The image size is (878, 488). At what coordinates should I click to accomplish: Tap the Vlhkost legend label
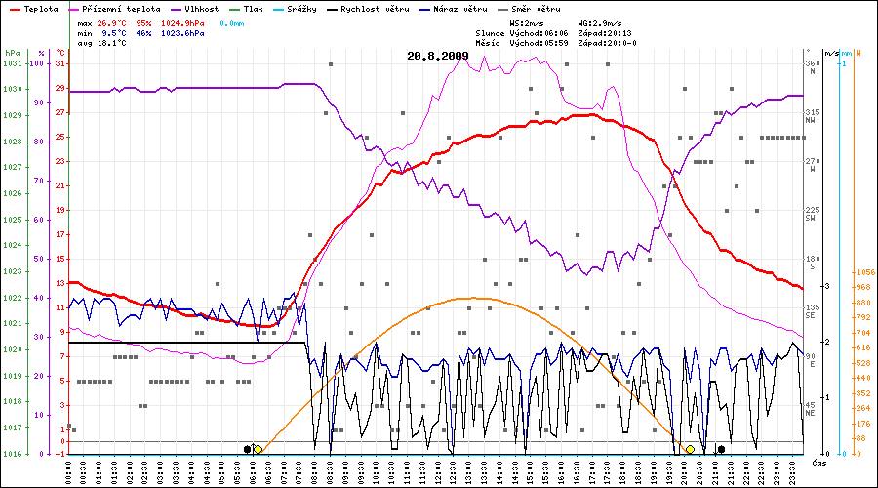click(x=202, y=8)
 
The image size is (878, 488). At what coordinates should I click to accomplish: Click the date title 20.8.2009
click(x=438, y=56)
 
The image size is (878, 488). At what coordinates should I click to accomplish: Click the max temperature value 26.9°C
click(x=114, y=21)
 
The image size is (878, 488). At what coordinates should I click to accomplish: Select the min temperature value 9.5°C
click(x=116, y=33)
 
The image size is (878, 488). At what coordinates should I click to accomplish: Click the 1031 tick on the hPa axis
click(x=12, y=63)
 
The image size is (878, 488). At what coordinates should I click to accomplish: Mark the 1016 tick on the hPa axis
click(x=12, y=454)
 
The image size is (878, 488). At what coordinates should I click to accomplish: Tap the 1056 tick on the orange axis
click(x=862, y=273)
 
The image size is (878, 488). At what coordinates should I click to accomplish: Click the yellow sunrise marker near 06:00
click(x=258, y=449)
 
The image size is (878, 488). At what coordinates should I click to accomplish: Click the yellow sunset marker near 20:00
click(x=690, y=449)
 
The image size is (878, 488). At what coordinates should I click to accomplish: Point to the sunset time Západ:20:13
click(x=604, y=33)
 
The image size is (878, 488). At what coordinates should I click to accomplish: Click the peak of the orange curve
click(x=472, y=298)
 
